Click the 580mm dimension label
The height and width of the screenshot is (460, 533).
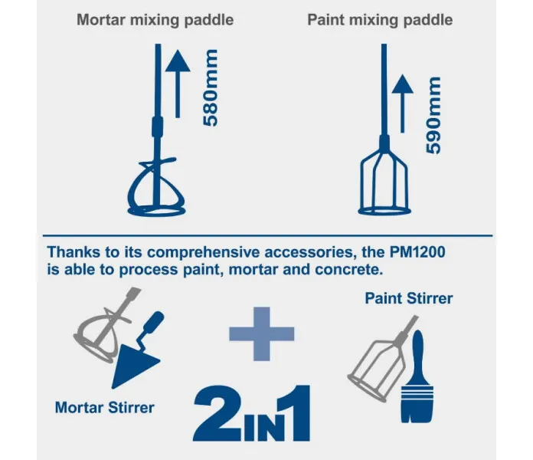click(210, 87)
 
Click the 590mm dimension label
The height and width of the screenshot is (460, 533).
click(433, 115)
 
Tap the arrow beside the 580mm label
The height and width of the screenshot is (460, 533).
click(178, 84)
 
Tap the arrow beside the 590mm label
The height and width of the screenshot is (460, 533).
click(403, 103)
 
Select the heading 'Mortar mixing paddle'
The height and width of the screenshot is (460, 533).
click(155, 20)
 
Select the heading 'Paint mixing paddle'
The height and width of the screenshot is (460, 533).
click(380, 20)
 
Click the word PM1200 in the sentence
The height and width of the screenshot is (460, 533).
click(417, 252)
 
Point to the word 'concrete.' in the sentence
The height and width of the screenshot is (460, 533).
click(349, 270)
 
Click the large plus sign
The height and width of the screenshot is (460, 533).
click(262, 333)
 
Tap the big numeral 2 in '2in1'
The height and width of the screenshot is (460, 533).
click(217, 413)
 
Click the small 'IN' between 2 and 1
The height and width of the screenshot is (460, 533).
click(260, 427)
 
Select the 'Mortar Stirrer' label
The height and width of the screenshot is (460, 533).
click(105, 408)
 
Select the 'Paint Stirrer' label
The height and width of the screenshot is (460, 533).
click(409, 298)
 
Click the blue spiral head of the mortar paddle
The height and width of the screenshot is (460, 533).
click(156, 191)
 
